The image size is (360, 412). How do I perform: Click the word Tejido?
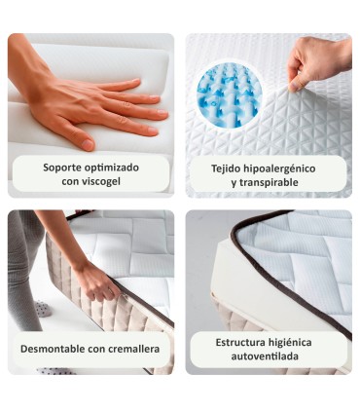pos(229,168)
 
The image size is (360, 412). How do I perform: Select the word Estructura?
pos(242,342)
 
